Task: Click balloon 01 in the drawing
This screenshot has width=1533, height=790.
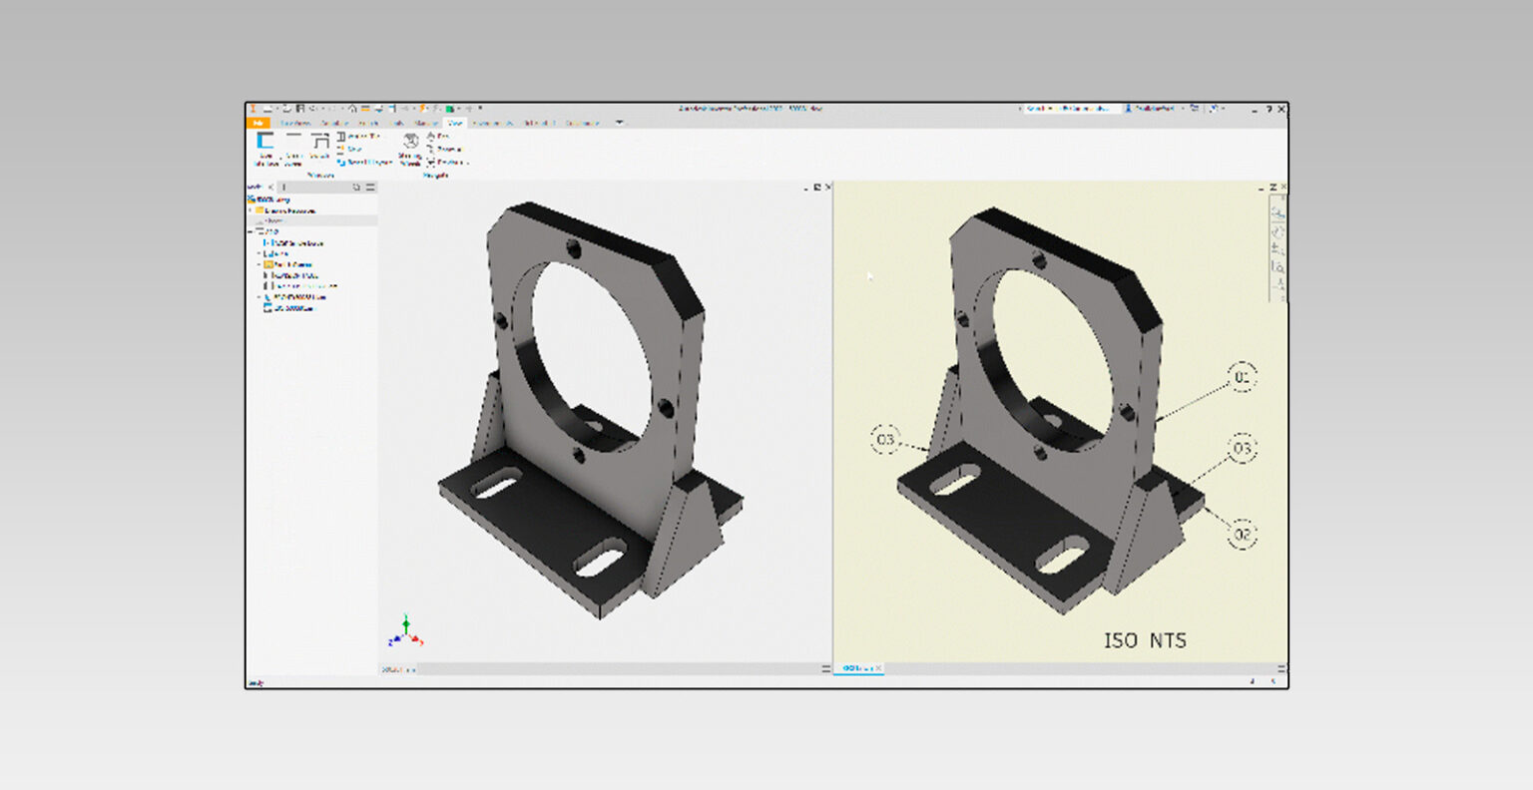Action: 1242,377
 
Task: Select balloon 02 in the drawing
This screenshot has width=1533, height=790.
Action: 1242,535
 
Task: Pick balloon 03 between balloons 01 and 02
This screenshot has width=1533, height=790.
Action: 1242,449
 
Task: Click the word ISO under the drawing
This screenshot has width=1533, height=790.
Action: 1120,640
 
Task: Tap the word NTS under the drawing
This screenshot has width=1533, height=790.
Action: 1167,640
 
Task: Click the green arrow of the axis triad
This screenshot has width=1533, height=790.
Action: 406,622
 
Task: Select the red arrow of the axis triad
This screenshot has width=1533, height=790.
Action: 418,640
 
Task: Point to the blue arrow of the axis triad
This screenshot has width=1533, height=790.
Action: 394,639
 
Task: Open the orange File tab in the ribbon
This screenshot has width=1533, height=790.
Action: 257,123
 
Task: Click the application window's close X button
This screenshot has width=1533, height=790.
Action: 1281,109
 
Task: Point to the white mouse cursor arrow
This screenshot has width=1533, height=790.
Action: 868,276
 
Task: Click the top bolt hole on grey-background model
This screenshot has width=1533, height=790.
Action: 573,247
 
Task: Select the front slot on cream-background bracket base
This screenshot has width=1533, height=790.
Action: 1061,554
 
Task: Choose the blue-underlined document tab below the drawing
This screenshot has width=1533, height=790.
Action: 856,668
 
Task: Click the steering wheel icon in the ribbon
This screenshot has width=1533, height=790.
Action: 410,142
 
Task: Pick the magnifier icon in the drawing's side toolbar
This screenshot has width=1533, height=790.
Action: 1278,267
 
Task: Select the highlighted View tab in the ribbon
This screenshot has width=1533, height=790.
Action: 455,123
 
